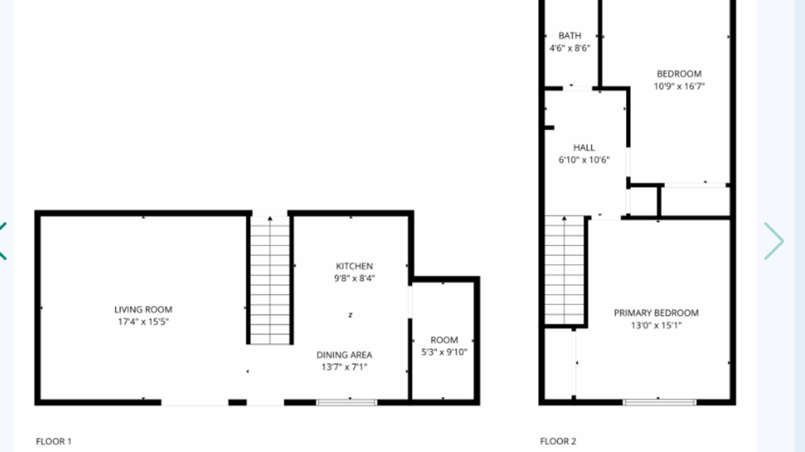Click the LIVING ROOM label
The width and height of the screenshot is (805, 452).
click(143, 310)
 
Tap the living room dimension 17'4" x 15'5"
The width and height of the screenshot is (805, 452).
click(143, 321)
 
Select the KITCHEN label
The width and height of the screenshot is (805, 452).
click(354, 266)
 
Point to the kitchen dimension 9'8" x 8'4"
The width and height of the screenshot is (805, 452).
click(354, 278)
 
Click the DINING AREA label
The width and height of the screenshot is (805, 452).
click(344, 355)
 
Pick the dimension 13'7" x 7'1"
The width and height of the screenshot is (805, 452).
click(344, 367)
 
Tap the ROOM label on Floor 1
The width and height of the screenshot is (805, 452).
click(444, 340)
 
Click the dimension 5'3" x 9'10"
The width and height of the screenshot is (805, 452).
click(444, 352)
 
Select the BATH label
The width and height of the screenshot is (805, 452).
click(569, 36)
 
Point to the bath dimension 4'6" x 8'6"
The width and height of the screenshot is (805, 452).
click(569, 48)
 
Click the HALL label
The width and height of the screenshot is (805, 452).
click(584, 147)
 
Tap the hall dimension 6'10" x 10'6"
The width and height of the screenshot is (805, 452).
click(584, 160)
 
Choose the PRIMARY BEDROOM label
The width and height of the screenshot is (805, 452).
click(656, 313)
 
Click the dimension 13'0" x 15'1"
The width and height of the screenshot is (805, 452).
click(656, 325)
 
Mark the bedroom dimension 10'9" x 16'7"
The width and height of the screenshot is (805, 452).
click(679, 86)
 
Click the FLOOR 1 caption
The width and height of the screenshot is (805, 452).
click(54, 441)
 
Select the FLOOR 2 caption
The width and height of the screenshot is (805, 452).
click(558, 441)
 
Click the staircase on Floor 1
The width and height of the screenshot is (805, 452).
click(270, 280)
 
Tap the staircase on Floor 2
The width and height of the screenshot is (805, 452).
click(564, 271)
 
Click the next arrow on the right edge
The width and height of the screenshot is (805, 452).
click(774, 241)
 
